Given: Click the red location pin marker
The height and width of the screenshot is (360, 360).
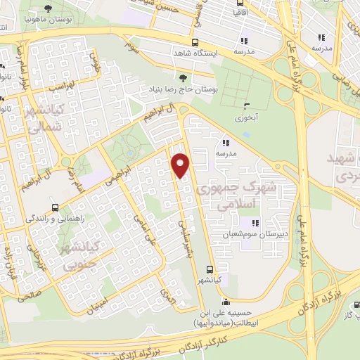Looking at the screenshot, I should (181, 166).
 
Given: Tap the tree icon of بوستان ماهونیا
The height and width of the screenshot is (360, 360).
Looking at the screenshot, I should (48, 9).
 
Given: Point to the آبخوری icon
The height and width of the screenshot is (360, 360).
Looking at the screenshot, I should (246, 107).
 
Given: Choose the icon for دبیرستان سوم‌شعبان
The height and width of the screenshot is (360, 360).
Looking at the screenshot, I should (255, 224).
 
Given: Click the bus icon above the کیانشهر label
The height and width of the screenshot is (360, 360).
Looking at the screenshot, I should (210, 269).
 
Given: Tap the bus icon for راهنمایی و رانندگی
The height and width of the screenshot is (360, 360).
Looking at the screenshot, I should (56, 207).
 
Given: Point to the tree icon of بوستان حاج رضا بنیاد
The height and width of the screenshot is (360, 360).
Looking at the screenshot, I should (183, 77).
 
